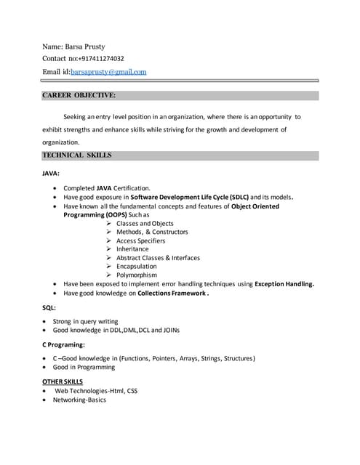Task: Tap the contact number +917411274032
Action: (x=100, y=59)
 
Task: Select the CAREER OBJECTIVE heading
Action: (x=79, y=95)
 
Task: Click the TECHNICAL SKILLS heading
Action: (x=77, y=155)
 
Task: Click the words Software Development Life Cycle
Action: (x=188, y=197)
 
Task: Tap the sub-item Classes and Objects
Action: (x=145, y=224)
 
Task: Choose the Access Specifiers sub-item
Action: (x=140, y=240)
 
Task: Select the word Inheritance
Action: (x=132, y=249)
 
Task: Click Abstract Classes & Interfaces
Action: (x=158, y=258)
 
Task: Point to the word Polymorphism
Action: (x=137, y=275)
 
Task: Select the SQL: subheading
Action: (x=49, y=308)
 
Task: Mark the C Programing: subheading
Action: (x=64, y=344)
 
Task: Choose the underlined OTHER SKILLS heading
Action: (x=63, y=381)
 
